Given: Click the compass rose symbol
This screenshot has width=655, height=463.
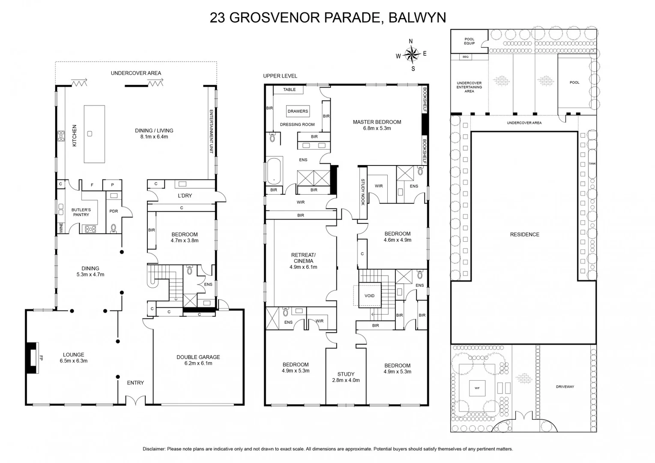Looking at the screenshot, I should point(411,54).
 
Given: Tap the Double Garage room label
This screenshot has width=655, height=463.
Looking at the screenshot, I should point(198,360).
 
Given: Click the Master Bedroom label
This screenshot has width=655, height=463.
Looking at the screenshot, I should point(377,125).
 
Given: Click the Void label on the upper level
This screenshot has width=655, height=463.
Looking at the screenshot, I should point(369,296).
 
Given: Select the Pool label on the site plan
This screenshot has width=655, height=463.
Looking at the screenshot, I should point(574,82).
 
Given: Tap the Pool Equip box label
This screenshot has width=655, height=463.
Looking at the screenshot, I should point(469,41).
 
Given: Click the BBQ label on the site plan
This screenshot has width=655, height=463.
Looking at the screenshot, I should point(465,57).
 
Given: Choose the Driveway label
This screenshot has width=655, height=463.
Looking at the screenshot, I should point(565,387).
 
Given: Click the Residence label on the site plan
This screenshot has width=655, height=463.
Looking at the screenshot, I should point(524,235).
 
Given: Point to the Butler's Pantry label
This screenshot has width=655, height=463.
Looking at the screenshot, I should point(81,212).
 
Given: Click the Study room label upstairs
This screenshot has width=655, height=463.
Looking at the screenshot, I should point(346,377).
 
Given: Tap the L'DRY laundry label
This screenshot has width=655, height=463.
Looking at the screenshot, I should point(185,195).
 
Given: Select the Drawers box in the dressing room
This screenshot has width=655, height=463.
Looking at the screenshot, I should point(298,111).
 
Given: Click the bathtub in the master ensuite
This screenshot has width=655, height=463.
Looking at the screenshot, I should point(274,171).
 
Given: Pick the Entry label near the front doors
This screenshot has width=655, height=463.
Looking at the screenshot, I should point(135,382).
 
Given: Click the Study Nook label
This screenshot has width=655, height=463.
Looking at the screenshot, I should point(362,192).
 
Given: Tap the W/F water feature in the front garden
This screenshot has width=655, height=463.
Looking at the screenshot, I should point(477,388).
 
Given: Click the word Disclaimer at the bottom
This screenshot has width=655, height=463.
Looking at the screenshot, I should point(154,449).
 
